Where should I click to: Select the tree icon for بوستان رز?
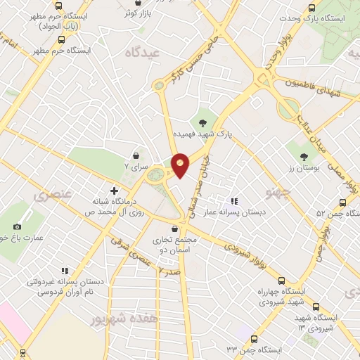pos(304,157)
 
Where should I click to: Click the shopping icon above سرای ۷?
pos(136,155)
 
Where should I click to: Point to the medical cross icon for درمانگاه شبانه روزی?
pos(114,191)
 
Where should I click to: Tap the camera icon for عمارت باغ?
pos(17,226)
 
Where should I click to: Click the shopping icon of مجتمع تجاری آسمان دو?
pos(175,229)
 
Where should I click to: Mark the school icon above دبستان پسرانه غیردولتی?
pos(65,270)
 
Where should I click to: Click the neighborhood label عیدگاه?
pos(139,53)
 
